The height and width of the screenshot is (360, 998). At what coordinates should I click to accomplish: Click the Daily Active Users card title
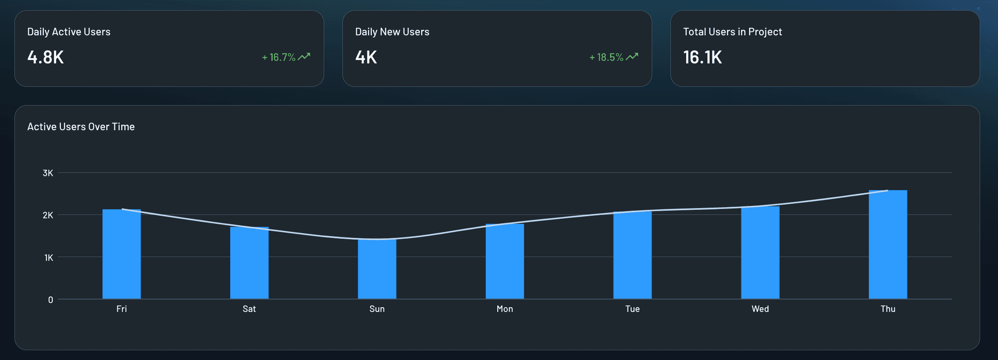(x=68, y=32)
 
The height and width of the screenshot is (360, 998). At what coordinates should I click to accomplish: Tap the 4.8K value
(x=46, y=57)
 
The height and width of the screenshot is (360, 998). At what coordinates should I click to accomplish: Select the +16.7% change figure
(x=279, y=57)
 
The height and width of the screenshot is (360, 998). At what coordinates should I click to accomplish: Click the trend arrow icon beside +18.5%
(x=632, y=57)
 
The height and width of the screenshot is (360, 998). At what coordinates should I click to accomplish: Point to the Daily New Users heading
(x=392, y=32)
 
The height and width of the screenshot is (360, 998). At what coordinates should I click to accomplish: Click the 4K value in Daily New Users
(x=366, y=57)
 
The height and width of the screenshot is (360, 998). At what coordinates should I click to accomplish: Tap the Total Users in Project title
(x=732, y=32)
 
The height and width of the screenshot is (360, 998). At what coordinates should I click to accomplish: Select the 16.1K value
(x=702, y=57)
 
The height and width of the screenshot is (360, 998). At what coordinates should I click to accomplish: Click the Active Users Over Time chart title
(x=81, y=127)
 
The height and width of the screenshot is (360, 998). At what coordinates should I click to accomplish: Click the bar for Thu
(x=888, y=245)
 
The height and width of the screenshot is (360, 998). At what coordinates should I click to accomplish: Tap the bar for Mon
(x=505, y=261)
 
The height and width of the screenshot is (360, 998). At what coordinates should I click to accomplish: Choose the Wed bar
(x=760, y=253)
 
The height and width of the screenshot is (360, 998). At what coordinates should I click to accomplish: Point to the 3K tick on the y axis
(x=48, y=173)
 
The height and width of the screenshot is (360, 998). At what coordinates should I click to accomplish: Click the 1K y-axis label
(x=48, y=257)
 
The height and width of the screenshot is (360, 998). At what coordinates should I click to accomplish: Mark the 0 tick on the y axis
(x=51, y=300)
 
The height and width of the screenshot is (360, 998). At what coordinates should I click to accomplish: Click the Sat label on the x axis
(x=249, y=309)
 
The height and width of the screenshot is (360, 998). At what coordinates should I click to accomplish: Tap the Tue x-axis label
(x=632, y=309)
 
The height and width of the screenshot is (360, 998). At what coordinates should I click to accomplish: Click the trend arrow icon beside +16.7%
(x=304, y=57)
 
